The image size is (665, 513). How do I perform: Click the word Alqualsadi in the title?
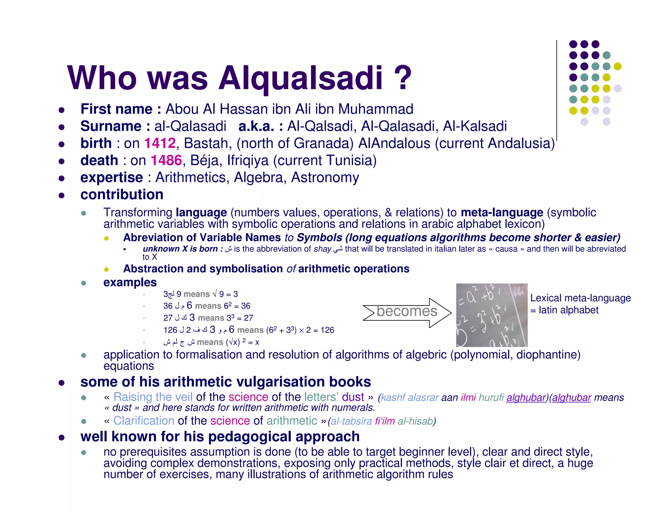(x=300, y=78)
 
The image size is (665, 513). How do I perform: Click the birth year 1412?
(x=160, y=143)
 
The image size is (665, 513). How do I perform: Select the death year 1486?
(x=166, y=160)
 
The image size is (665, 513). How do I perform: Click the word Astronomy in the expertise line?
(x=325, y=177)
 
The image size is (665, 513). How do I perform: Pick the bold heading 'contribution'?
(x=122, y=195)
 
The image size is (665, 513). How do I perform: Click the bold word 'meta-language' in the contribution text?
(x=502, y=212)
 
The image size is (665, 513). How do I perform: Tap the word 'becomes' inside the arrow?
(x=407, y=311)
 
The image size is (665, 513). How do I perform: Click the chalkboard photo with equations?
(x=492, y=315)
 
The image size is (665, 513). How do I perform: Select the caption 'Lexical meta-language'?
(x=580, y=298)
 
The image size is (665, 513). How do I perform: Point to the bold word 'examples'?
(x=130, y=282)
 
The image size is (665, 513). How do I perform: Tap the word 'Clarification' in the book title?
(x=144, y=421)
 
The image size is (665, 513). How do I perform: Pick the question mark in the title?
(x=403, y=78)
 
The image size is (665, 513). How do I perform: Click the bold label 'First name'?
(x=116, y=109)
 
